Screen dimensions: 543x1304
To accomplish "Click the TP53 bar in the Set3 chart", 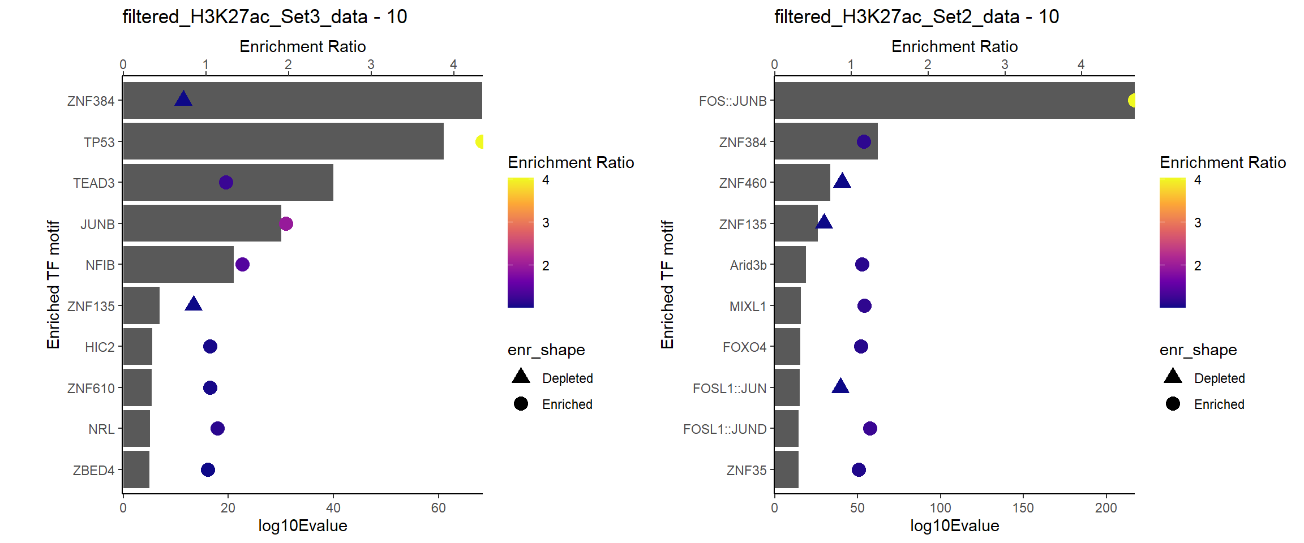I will tap(283, 141).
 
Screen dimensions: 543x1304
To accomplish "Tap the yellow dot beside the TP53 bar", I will tap(480, 141).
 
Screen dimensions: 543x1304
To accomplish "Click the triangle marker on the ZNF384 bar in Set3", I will tap(183, 100).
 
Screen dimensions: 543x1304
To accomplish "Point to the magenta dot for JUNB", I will tap(286, 223).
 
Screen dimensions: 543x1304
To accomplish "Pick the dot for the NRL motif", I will tap(217, 428).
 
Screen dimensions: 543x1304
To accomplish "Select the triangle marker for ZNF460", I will tap(842, 182).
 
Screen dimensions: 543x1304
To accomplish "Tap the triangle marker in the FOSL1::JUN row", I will tap(840, 387).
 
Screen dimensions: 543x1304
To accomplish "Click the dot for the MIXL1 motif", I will tap(864, 305).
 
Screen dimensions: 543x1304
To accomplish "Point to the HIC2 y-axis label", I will tap(100, 347).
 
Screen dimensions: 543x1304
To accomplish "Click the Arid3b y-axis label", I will tap(748, 265).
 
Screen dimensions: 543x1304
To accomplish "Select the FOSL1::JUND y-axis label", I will tap(724, 429).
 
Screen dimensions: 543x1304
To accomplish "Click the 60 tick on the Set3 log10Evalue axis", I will tap(438, 508).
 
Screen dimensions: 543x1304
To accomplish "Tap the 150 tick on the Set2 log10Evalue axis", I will tap(1023, 508).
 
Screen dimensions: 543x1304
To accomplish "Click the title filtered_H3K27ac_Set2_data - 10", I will tap(916, 17).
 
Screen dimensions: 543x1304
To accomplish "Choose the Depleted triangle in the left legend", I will tap(521, 376).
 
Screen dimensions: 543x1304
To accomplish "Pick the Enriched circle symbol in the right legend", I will tap(1173, 403).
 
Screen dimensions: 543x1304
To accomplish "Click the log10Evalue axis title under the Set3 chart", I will tap(302, 526).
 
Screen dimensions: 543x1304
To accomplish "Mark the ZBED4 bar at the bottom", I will tap(136, 469).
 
